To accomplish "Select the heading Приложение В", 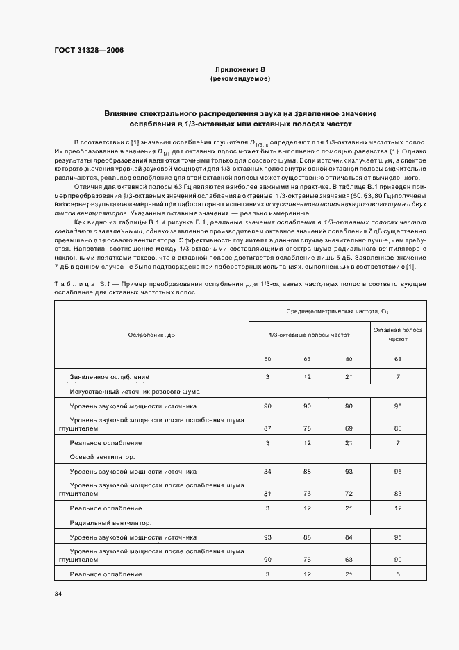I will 240,70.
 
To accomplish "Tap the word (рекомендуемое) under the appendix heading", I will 240,79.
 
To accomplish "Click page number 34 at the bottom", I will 58,593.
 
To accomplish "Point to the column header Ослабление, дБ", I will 151,335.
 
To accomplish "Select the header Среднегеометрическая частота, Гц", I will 336,312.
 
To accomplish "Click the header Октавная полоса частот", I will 398,335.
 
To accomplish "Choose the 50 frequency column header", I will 267,359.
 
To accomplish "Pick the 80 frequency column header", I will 349,359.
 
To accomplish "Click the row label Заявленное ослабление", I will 109,377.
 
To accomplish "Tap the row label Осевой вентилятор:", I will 101,457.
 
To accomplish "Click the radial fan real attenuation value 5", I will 398,574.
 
